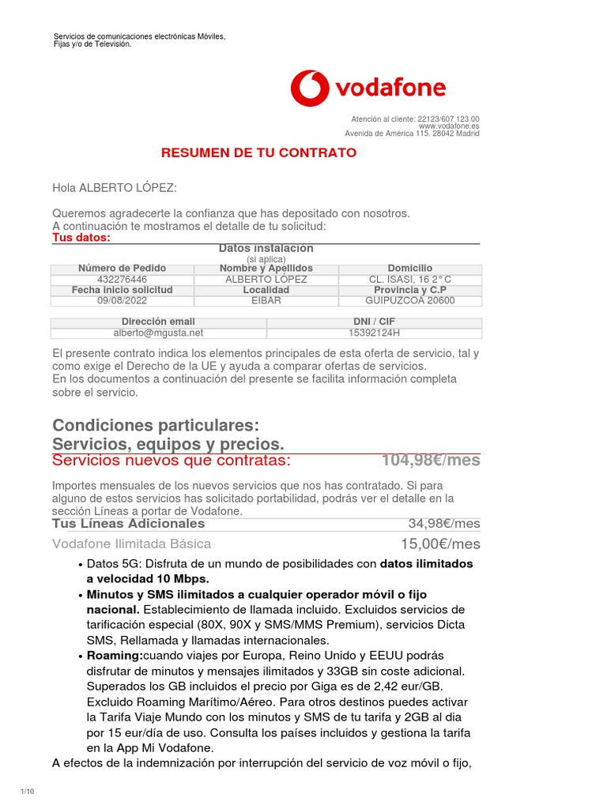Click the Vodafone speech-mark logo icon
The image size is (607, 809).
[310, 88]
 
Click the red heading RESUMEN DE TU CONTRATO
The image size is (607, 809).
[258, 152]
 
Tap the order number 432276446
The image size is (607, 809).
[122, 280]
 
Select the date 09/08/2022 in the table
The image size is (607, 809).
[122, 301]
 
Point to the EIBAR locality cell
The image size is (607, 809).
[266, 301]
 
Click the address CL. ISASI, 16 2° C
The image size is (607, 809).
[410, 280]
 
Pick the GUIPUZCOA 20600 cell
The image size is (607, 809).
[410, 301]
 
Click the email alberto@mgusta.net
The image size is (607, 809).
[158, 333]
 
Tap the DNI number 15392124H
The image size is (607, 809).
[374, 333]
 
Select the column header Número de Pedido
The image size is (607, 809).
[122, 269]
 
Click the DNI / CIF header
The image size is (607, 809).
[374, 322]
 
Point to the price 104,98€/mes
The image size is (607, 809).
[431, 461]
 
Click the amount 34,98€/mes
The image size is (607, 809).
[444, 523]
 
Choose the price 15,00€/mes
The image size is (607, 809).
[440, 544]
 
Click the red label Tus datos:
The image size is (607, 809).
[81, 238]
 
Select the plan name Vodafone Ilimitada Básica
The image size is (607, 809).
[132, 544]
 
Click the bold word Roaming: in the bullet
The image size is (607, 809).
[115, 656]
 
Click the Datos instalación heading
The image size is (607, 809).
[266, 249]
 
